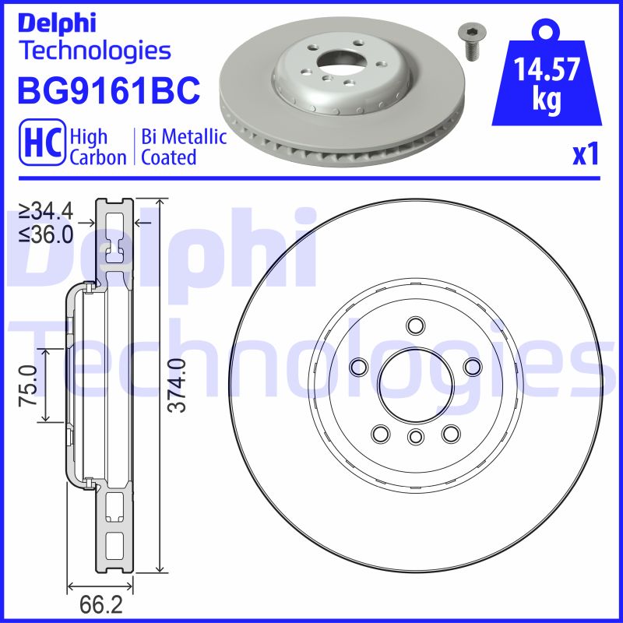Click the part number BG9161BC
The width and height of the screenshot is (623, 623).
[x=108, y=90]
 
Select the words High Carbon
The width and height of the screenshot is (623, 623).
[x=98, y=147]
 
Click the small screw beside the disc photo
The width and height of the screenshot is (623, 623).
[x=469, y=42]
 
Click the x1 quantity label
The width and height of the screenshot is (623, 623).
[x=586, y=155]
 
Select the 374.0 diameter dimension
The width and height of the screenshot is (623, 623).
[x=178, y=385]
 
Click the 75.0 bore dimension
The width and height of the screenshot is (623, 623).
[x=29, y=385]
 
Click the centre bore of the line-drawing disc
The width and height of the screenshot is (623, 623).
[x=414, y=382]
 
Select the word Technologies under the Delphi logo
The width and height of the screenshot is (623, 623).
[x=94, y=51]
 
